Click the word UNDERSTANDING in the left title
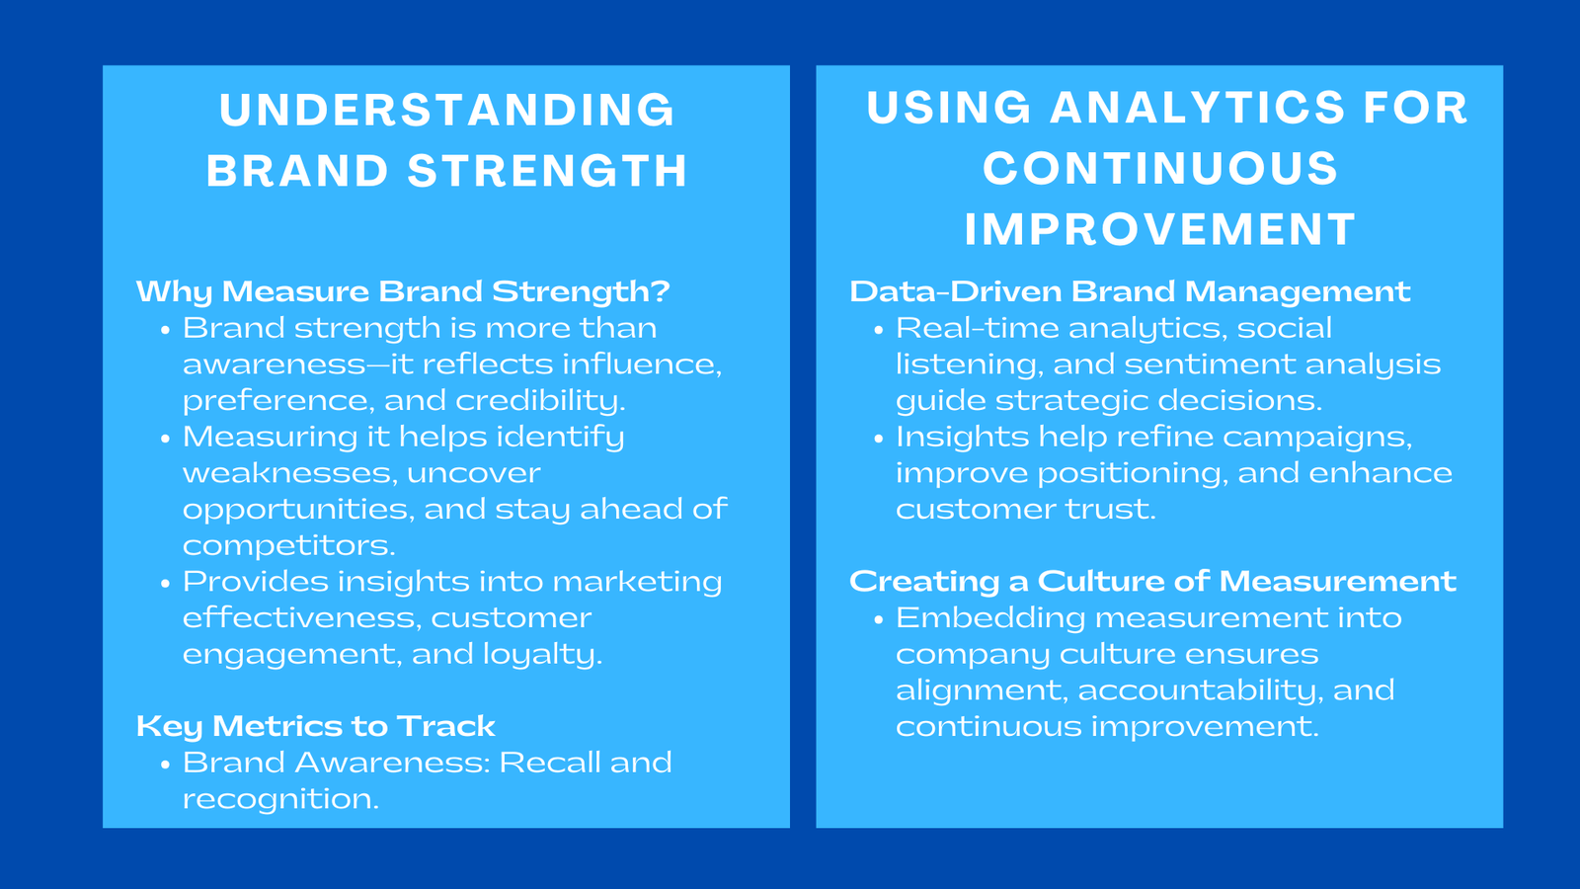[x=447, y=110]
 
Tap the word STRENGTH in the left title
[x=548, y=171]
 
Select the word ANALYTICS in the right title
[x=1197, y=108]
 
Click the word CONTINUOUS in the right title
[x=1160, y=169]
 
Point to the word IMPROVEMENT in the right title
[x=1160, y=230]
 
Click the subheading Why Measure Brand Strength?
[x=403, y=291]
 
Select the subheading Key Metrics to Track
[x=315, y=726]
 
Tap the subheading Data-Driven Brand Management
[x=1130, y=291]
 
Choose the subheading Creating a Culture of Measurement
[x=1152, y=581]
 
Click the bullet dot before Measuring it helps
[x=165, y=439]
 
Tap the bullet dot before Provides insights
[x=165, y=584]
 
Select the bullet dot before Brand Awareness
[x=165, y=765]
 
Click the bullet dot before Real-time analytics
[x=878, y=330]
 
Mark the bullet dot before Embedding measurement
[x=878, y=619]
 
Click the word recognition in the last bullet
[x=279, y=799]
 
